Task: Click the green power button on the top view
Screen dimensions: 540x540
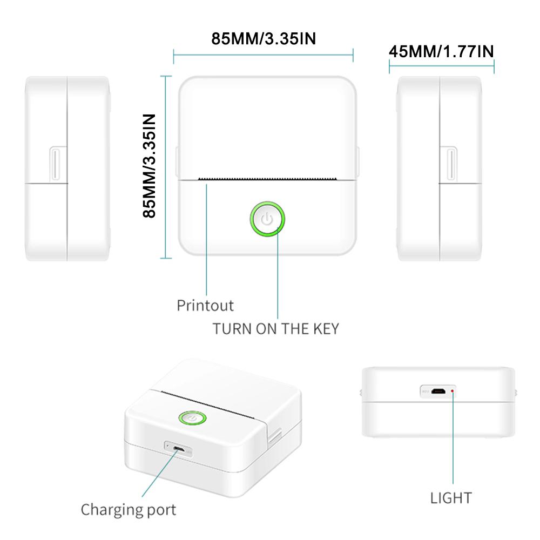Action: (267, 219)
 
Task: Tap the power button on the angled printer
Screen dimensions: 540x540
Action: (193, 418)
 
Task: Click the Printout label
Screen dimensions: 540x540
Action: (205, 306)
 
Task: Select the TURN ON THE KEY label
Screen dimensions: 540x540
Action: (276, 329)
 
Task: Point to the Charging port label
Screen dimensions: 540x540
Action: (129, 510)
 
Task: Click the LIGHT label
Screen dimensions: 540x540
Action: (451, 498)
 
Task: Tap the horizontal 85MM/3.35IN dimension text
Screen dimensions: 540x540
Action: (264, 38)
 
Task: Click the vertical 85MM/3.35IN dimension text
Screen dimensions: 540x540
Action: (149, 166)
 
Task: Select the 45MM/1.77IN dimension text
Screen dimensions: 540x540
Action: (442, 52)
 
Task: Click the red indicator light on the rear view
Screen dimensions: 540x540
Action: (452, 391)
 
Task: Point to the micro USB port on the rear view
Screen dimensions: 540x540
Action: (438, 391)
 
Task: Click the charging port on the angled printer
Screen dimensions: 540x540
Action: (178, 449)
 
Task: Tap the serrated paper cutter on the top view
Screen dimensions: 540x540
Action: (267, 179)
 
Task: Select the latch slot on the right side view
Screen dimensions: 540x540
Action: (451, 164)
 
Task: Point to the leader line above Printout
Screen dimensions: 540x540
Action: (207, 240)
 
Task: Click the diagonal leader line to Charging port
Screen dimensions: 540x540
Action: (160, 473)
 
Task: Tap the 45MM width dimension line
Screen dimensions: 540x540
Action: (442, 66)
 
